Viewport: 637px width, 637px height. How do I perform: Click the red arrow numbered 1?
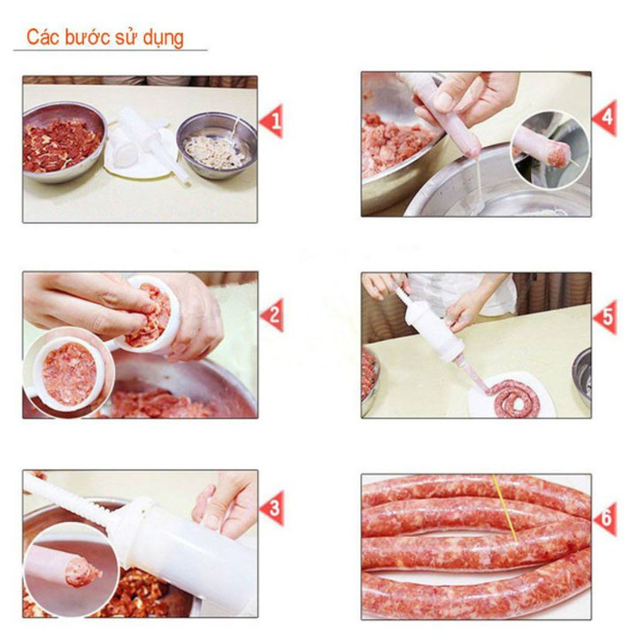pos(272,120)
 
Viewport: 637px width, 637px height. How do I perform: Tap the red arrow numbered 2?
pos(272,314)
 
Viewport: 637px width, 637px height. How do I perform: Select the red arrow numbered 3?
pos(272,508)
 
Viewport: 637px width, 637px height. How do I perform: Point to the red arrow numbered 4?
pos(605,118)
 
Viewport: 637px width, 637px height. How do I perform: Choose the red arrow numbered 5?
pos(605,317)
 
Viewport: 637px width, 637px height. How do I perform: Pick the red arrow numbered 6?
pos(605,518)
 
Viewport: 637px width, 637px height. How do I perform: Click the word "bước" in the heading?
pos(88,37)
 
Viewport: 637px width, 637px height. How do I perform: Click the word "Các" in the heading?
pos(43,37)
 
